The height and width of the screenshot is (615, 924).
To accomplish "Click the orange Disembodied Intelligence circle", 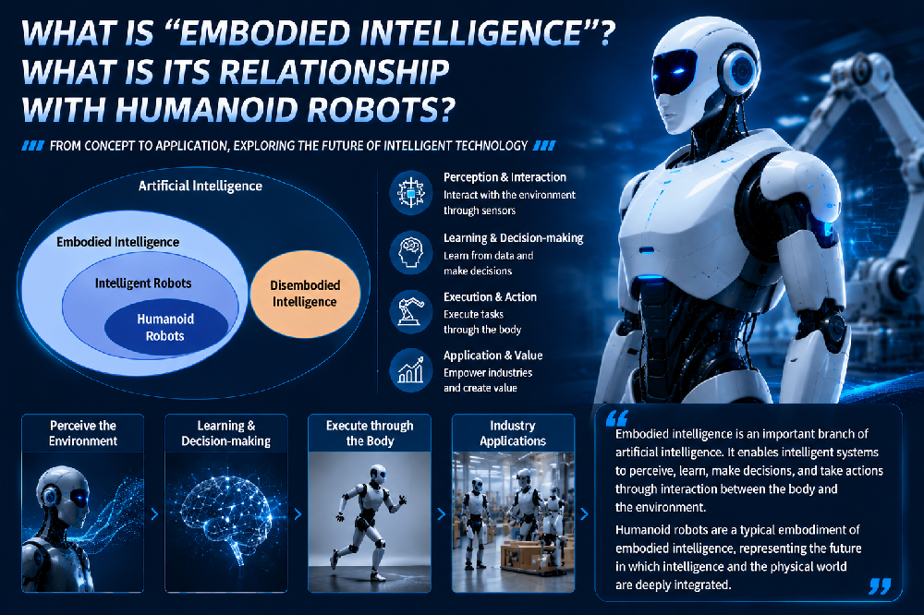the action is pos(305,294).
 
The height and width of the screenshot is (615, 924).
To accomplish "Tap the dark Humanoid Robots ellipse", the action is pos(166,328).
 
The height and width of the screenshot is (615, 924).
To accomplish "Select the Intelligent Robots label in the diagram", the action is pos(143,283).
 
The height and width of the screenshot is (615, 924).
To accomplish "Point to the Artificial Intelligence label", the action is pos(201,187).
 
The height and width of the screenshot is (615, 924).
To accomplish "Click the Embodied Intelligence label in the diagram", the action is pos(118,242).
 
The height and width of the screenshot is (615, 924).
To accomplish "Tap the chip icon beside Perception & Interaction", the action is pos(411,192).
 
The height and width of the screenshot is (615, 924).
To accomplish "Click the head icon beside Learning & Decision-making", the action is pos(411,253).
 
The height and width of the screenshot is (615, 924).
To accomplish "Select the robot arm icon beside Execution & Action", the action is pos(411,311).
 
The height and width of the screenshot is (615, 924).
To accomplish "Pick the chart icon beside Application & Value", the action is pos(411,370).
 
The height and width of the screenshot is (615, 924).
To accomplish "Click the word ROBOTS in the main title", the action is pos(382,109).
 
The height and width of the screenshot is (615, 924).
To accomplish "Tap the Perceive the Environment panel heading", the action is pos(83,433).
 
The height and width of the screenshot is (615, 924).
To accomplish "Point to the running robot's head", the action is pos(378,474).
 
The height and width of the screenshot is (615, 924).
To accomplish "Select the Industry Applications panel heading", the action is pos(513,433).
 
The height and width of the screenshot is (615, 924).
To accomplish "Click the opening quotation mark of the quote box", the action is pos(617,418).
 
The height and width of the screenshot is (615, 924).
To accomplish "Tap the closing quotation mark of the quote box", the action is pos(880,586).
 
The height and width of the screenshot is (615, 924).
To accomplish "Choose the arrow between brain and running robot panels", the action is pos(298,514).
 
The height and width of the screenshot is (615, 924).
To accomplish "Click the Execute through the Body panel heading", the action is pos(370,433).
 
